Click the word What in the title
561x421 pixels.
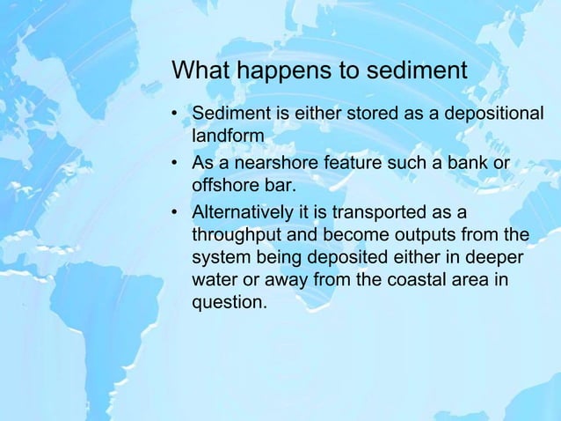click(x=197, y=70)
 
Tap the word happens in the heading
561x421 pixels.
click(x=269, y=70)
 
